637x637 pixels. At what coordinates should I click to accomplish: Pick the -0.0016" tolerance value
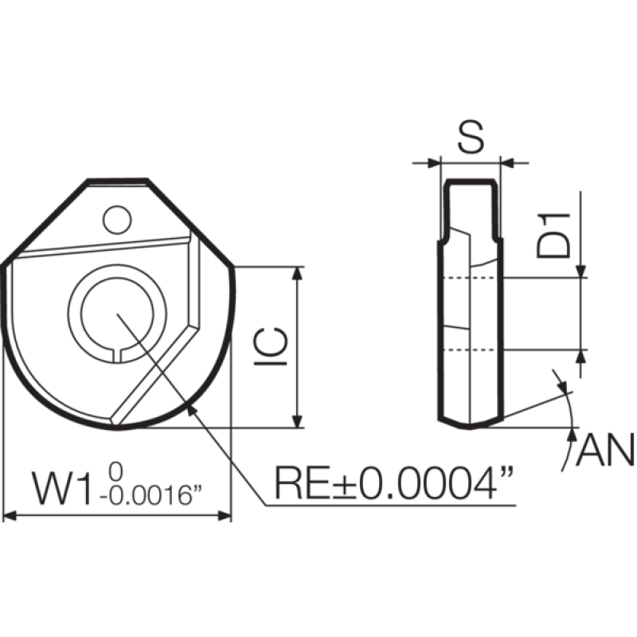pos(151,497)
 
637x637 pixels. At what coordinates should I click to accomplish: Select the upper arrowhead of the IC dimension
pos(299,274)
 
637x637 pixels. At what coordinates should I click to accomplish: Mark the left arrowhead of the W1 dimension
pos(10,516)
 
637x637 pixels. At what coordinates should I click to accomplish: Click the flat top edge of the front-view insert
pos(117,181)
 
